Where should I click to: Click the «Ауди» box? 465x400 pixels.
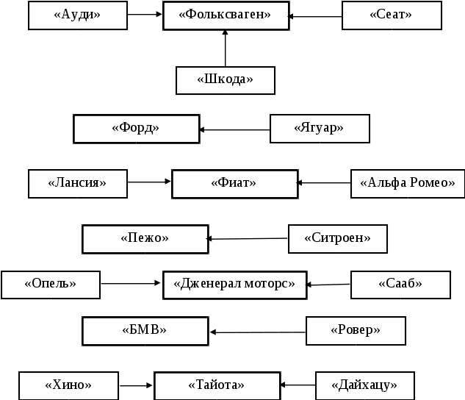coord(78,15)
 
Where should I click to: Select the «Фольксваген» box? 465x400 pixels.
coord(225,15)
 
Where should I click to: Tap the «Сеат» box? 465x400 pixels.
coord(392,15)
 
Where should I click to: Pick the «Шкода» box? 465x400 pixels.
coord(226,80)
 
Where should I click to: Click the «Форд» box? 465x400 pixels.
coord(136,129)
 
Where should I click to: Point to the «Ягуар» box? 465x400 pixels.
coord(320,129)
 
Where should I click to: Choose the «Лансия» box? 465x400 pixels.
coord(78,183)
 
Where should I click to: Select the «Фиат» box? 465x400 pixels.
coord(234,184)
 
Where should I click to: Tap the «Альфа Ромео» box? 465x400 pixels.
coord(408,184)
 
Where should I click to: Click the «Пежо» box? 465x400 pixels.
coord(145,239)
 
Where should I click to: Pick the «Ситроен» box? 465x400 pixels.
coord(337,238)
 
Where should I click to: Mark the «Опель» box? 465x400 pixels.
coord(51,285)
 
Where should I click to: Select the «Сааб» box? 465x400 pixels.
coord(400,285)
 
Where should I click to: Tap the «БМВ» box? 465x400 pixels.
coord(145,331)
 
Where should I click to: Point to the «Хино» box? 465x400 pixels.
coord(68,385)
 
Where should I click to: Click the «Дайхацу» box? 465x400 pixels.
coord(364,385)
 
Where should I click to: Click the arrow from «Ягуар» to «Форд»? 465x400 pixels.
coord(235,130)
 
